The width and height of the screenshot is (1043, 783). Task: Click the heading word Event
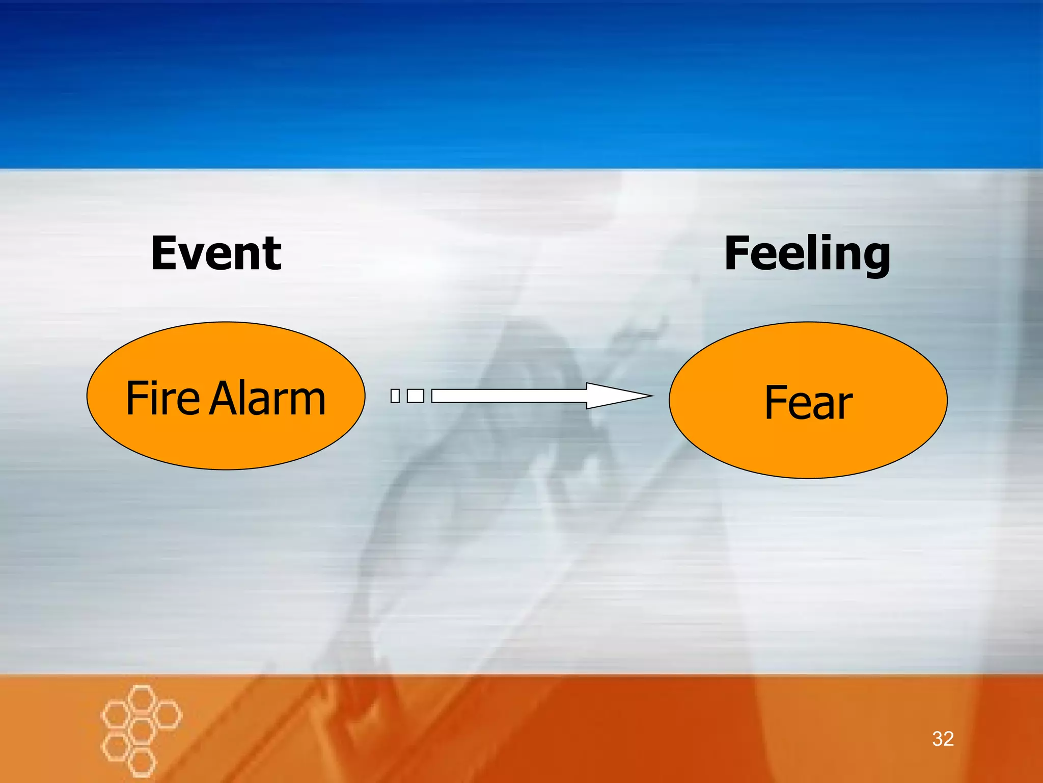click(x=216, y=253)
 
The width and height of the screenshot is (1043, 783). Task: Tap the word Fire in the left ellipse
click(x=162, y=398)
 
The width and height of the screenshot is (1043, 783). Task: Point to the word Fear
click(x=808, y=403)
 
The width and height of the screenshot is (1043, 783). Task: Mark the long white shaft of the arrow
click(x=509, y=396)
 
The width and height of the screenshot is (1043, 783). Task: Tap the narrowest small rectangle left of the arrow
click(x=395, y=396)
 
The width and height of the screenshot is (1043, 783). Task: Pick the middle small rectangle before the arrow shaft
click(x=416, y=396)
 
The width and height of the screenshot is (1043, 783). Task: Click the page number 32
click(x=943, y=739)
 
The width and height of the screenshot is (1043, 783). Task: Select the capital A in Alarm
click(x=225, y=398)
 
